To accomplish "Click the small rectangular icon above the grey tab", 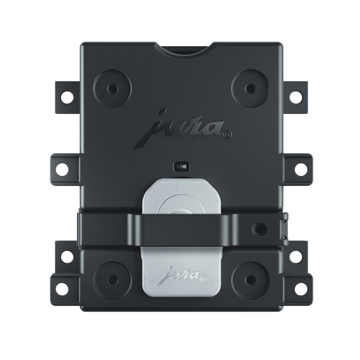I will (181, 166).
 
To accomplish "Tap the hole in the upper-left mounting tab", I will (66, 96).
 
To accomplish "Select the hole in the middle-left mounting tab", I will (62, 169).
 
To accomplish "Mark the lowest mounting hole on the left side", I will (62, 289).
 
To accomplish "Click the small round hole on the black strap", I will (260, 229).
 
